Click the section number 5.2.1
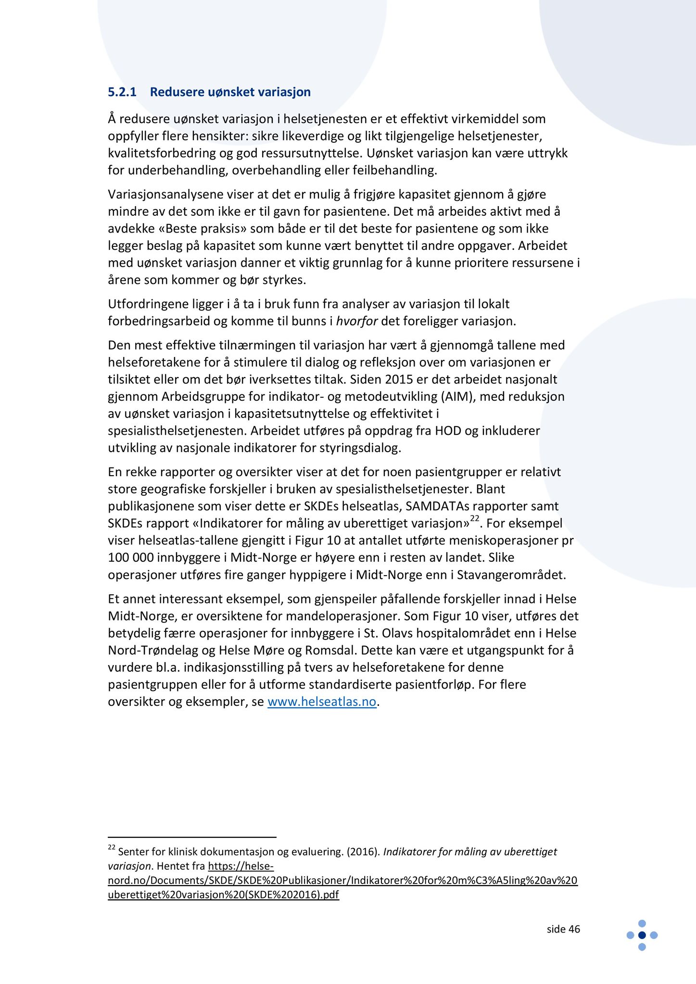pyautogui.click(x=122, y=92)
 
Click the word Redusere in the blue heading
pyautogui.click(x=177, y=92)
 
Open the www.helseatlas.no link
pyautogui.click(x=321, y=701)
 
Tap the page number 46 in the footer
pyautogui.click(x=574, y=929)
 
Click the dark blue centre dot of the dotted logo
pyautogui.click(x=642, y=935)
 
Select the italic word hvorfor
pyautogui.click(x=356, y=321)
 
